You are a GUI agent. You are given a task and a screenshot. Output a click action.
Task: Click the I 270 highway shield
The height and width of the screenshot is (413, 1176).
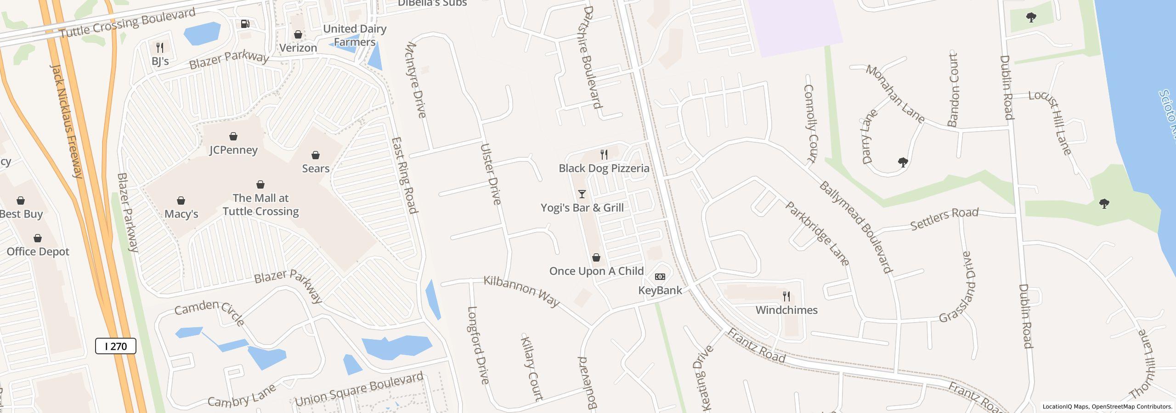point(116,346)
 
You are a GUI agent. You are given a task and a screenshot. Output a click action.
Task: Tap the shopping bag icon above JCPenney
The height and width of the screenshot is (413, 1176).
point(233,136)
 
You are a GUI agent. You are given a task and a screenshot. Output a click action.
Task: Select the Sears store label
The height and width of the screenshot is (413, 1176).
point(316,168)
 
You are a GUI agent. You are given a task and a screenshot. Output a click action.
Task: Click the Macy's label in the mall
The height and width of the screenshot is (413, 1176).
point(181,214)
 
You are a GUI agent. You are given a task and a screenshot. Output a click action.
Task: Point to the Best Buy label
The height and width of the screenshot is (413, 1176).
point(21,214)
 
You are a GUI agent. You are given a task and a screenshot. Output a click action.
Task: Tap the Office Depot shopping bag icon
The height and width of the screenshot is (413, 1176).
point(38,238)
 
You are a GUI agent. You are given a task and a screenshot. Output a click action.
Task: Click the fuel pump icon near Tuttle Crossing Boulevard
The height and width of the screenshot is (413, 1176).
point(245,24)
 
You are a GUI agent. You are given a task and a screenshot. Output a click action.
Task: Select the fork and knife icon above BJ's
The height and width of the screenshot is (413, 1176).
point(160,47)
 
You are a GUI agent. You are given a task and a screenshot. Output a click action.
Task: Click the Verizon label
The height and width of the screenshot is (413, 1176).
point(299,48)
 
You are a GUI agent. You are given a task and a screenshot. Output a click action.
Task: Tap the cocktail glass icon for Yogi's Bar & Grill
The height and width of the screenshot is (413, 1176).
point(582,194)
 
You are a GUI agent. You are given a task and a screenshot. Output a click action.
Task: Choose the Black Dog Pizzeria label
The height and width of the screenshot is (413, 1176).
point(604,168)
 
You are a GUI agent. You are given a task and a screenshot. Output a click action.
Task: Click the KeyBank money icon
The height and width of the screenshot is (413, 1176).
point(660,277)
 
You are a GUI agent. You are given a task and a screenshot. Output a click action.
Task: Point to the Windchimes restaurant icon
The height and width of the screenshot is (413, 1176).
point(786,296)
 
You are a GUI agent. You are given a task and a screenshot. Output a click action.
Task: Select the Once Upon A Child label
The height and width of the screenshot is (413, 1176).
point(597,271)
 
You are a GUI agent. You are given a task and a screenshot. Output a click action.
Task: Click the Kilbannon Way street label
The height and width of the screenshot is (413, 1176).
point(522,291)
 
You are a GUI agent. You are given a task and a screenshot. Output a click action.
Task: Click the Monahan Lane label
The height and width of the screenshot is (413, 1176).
point(895,94)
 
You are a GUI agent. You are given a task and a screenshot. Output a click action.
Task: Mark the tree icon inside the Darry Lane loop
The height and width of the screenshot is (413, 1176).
point(903,162)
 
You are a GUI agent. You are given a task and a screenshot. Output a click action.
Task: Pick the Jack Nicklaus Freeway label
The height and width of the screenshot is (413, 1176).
point(67,121)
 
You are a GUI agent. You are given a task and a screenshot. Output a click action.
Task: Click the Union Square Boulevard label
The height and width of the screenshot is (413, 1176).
point(359,390)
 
